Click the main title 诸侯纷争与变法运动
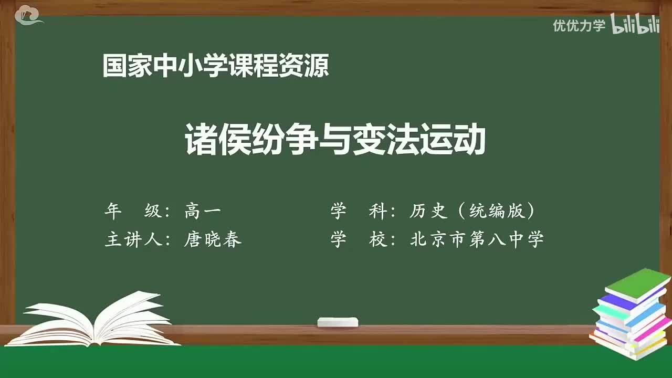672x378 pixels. [x=335, y=140]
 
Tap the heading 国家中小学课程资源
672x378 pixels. [x=216, y=66]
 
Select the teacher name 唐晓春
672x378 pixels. [x=213, y=239]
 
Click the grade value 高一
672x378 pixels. [x=203, y=212]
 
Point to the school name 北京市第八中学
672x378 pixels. [x=477, y=239]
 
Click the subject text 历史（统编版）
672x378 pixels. [x=472, y=212]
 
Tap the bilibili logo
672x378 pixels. [x=635, y=25]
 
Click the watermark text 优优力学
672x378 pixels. [x=579, y=25]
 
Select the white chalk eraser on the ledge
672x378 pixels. [x=338, y=322]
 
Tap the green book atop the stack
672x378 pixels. [x=637, y=283]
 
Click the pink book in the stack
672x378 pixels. [x=651, y=328]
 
